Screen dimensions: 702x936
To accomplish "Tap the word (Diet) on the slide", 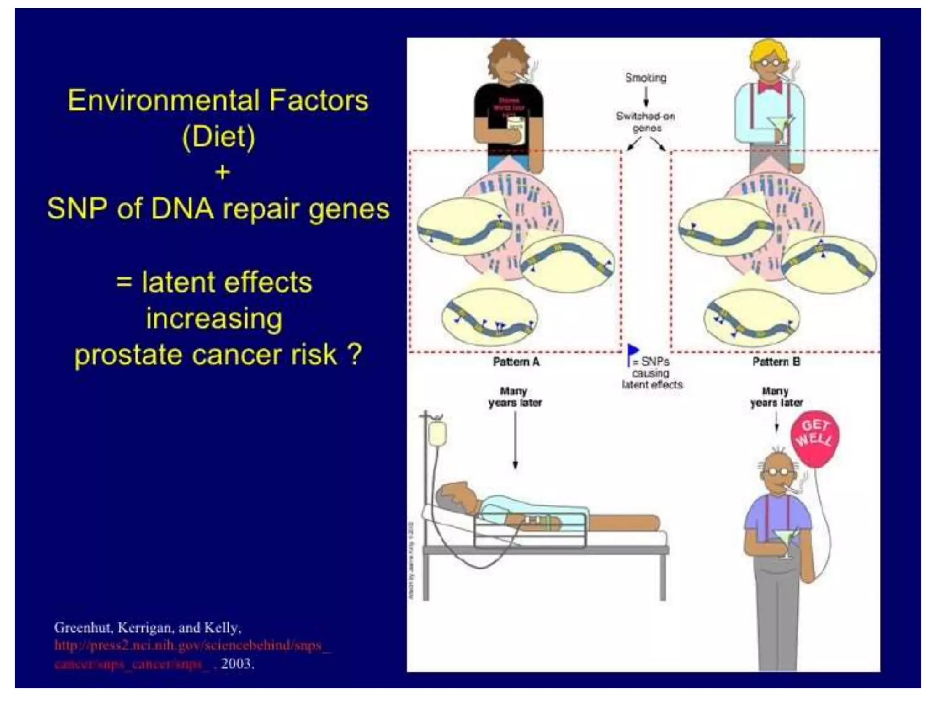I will point(218,137).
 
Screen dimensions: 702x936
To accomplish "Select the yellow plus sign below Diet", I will point(222,173).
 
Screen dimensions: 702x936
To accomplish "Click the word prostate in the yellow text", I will point(128,355).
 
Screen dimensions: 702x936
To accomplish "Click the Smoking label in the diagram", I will point(645,78).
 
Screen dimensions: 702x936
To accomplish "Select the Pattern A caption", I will point(516,362).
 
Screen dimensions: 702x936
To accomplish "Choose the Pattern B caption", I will point(776,362).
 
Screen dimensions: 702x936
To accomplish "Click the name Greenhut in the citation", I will point(82,628).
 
